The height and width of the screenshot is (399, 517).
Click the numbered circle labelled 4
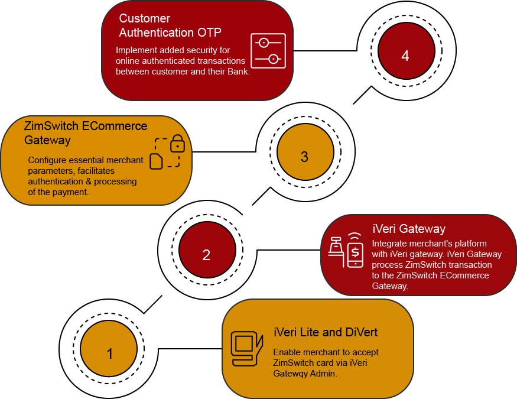[x=407, y=50]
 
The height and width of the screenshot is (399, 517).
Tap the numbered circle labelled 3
[x=305, y=152]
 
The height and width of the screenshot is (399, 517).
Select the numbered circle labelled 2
[x=207, y=249]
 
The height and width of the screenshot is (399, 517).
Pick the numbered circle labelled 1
[x=109, y=349]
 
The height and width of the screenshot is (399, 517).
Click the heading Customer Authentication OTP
[x=170, y=25]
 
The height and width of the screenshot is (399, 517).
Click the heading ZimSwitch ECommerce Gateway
[x=86, y=133]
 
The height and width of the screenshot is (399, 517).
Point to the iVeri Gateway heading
[x=409, y=229]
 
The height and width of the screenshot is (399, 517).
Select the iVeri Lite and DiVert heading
[x=326, y=332]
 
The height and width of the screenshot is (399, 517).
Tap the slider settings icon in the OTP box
[x=268, y=51]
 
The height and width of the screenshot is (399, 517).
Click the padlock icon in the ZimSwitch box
[x=177, y=144]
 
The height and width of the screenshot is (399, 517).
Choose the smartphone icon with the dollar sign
[x=355, y=250]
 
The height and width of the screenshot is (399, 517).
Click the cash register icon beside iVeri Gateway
[x=336, y=247]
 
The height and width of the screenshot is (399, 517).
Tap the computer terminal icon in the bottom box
[x=246, y=349]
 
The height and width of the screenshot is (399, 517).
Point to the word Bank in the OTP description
[x=238, y=71]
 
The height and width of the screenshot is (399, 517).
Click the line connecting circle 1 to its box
[x=190, y=349]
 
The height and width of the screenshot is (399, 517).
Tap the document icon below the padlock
[x=156, y=161]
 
